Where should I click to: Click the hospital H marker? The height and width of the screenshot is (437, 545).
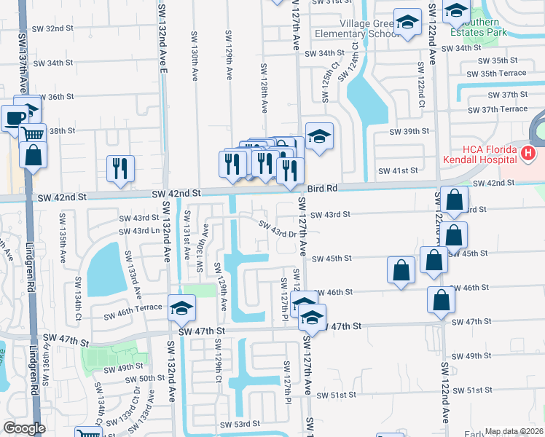pyautogui.click(x=528, y=154)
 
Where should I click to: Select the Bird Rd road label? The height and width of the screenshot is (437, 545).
pyautogui.click(x=323, y=188)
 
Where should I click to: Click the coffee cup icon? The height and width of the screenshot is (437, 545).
pyautogui.click(x=14, y=118)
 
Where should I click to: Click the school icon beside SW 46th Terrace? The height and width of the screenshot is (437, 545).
pyautogui.click(x=181, y=308)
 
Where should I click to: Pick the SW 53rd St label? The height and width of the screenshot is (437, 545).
pyautogui.click(x=241, y=424)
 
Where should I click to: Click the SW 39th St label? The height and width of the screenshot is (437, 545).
pyautogui.click(x=409, y=131)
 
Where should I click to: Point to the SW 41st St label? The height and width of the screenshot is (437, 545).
pyautogui.click(x=397, y=170)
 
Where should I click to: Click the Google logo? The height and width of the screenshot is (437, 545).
pyautogui.click(x=24, y=428)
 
